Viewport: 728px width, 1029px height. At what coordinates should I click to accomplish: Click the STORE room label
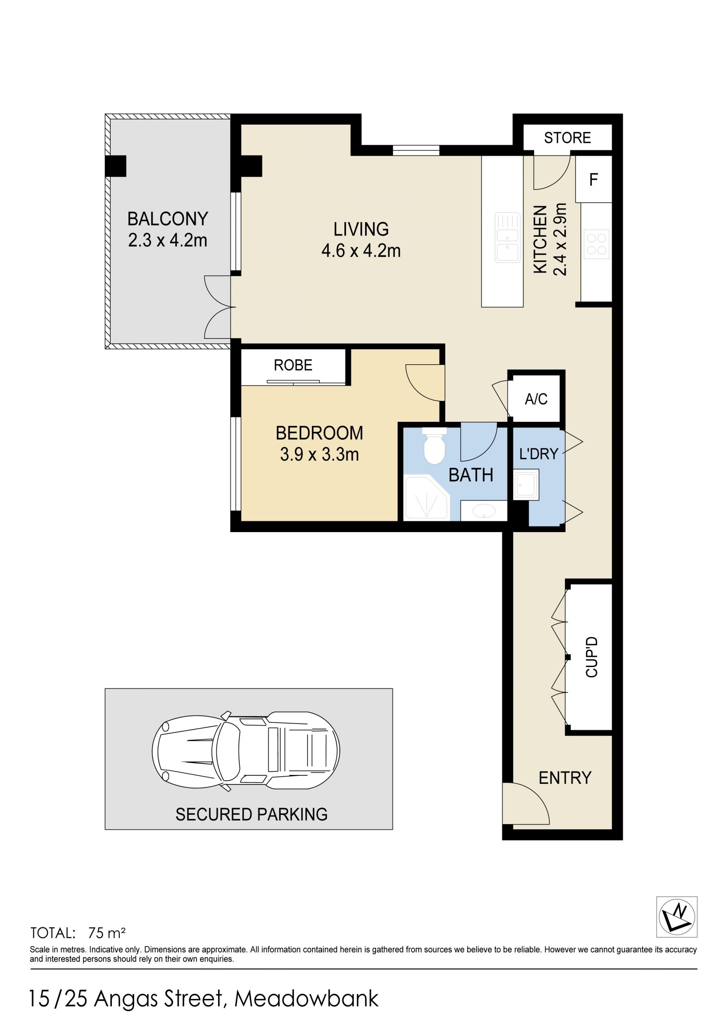pos(567,138)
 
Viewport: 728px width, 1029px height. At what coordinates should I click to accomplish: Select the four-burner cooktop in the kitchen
pos(597,244)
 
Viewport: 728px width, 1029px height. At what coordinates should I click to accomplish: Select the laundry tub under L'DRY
pos(526,484)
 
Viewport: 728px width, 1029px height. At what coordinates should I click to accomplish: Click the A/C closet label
pos(536,399)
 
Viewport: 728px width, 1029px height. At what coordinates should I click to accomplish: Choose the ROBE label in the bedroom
pos(293,365)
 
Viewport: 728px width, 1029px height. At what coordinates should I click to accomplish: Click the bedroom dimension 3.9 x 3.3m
pos(320,454)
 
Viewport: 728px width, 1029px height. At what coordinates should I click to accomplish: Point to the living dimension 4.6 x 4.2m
pos(361,251)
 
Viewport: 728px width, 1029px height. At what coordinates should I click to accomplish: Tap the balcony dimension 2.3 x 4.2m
pos(168,240)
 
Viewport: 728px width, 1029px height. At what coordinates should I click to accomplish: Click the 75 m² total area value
pos(107,933)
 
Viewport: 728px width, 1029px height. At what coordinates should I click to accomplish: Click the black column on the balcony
pos(116,166)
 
